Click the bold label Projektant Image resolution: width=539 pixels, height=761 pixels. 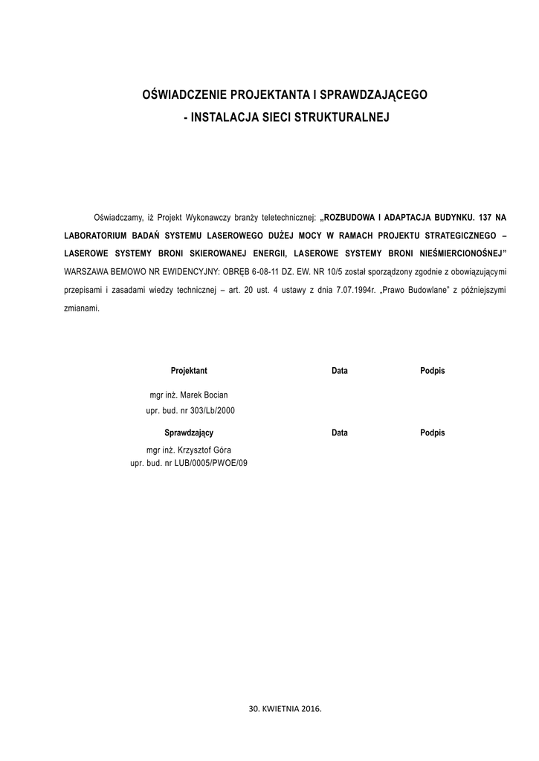[189, 370]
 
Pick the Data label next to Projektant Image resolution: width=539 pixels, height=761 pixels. [339, 370]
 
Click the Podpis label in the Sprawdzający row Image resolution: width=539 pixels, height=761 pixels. [432, 433]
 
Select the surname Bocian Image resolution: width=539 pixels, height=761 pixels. [215, 395]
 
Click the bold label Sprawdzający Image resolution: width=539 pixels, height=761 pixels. [189, 433]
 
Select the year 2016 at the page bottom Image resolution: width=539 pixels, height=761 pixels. [310, 709]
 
